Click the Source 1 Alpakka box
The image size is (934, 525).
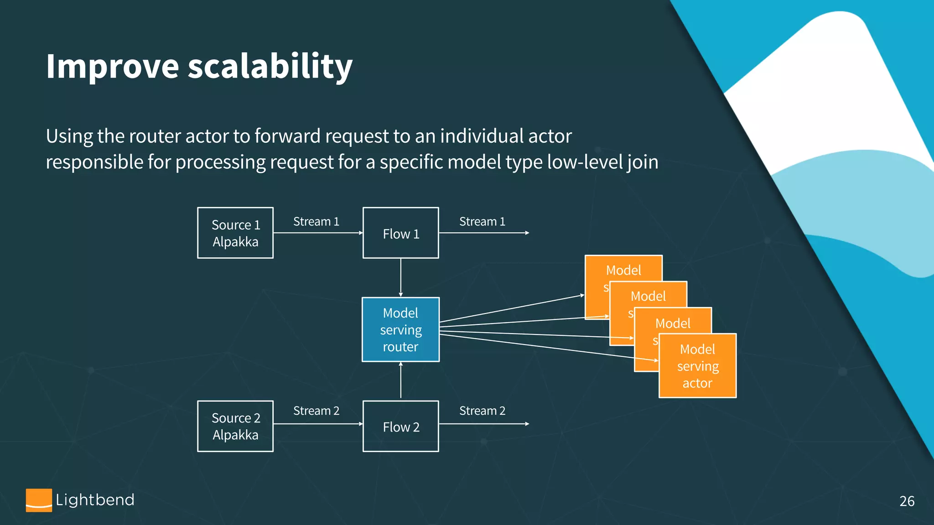[x=235, y=233]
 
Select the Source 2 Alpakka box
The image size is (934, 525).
[x=235, y=426]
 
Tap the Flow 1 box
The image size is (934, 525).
[x=400, y=233]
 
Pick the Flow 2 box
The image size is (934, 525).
[x=400, y=426]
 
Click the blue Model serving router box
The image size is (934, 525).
[x=400, y=329]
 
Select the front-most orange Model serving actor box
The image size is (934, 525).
[x=697, y=366]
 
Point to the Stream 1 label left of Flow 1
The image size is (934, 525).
[x=316, y=221]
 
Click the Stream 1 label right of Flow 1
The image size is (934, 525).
[x=482, y=221]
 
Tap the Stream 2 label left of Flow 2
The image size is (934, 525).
[x=316, y=411]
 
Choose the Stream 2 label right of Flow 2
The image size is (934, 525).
[x=482, y=411]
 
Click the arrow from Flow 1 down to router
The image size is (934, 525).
[x=400, y=277]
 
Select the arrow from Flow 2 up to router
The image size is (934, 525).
[x=400, y=381]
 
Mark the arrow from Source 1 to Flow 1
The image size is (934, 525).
[x=318, y=233]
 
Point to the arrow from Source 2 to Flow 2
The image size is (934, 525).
[x=318, y=424]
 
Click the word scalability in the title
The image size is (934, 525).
[x=270, y=67]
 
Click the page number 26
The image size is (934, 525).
[x=907, y=501]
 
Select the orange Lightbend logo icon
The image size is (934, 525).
[x=39, y=500]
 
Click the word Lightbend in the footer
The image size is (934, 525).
[x=95, y=500]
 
